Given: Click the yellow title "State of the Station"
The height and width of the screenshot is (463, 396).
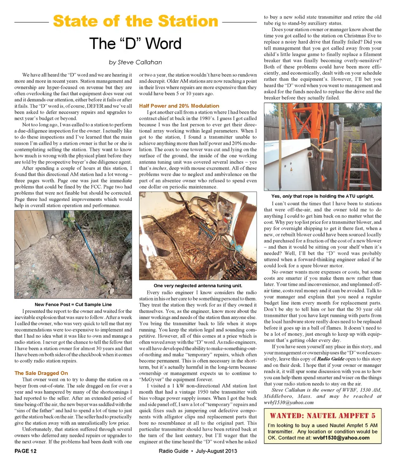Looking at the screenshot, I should [135, 21].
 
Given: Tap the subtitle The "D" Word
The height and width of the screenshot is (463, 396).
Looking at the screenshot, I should [135, 43].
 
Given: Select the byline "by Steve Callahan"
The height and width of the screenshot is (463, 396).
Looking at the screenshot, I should [135, 62].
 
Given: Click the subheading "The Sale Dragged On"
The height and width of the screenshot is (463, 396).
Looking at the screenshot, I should [41, 373].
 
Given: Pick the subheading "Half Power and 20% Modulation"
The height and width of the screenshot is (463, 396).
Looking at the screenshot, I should [179, 106].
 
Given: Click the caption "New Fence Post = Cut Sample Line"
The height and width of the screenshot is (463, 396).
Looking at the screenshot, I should [73, 304].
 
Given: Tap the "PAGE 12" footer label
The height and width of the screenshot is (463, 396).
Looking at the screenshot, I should [26, 451].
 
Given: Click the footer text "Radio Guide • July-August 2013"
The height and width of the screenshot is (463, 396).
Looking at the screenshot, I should [198, 451].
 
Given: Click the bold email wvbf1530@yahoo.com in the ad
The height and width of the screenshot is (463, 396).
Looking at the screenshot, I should [341, 438].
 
